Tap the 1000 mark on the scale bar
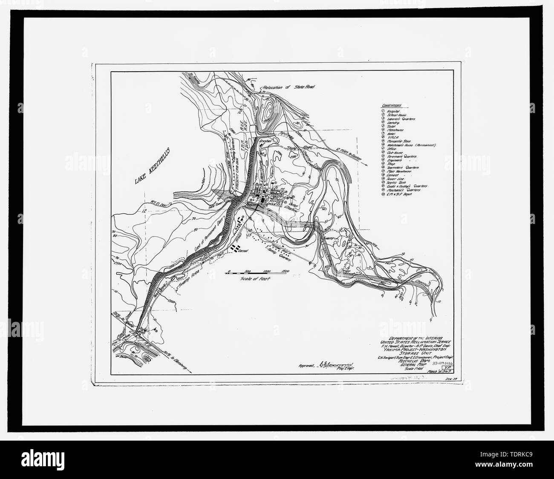pyautogui.click(x=267, y=271)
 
